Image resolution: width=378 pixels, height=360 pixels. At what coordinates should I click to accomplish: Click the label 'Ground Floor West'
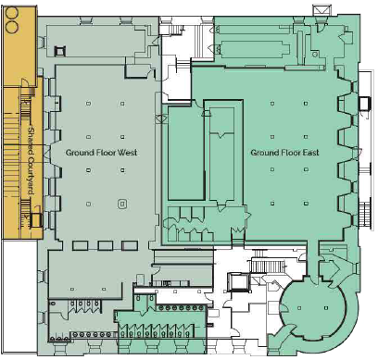point(101,153)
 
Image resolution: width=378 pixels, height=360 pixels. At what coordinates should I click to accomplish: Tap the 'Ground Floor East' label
point(284,153)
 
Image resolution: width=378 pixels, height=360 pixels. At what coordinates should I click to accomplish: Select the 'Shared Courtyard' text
point(31,160)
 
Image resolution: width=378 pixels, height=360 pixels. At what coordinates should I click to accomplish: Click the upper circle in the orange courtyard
point(12,12)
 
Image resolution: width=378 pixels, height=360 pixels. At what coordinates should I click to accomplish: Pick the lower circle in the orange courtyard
point(12,27)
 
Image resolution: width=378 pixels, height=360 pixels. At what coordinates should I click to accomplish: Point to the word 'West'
point(128,153)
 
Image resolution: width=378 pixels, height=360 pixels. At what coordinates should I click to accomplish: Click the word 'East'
point(310,153)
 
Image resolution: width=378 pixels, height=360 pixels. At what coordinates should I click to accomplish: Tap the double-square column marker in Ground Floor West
point(122,204)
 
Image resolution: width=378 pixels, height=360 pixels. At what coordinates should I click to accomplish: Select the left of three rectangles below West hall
point(81,245)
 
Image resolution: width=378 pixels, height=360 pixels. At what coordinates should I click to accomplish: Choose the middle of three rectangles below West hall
point(106,245)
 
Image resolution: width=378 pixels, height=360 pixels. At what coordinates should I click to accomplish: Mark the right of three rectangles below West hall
point(130,245)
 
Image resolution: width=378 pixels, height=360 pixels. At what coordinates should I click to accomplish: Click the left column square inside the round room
point(299,307)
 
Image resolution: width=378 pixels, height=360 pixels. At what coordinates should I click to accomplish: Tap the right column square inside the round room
point(326,307)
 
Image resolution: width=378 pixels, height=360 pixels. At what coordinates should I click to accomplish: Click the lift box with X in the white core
point(237,282)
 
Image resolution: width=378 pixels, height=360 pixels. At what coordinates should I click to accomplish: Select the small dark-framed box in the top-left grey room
point(60,51)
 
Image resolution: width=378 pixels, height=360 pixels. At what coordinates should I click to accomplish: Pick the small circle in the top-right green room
point(315,55)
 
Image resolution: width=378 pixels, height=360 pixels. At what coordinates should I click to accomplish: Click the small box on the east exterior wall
point(365,104)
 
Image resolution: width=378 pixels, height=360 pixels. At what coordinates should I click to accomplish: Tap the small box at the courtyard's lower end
point(36,220)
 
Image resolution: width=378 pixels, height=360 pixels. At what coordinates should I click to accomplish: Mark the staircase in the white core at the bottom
point(268,266)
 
